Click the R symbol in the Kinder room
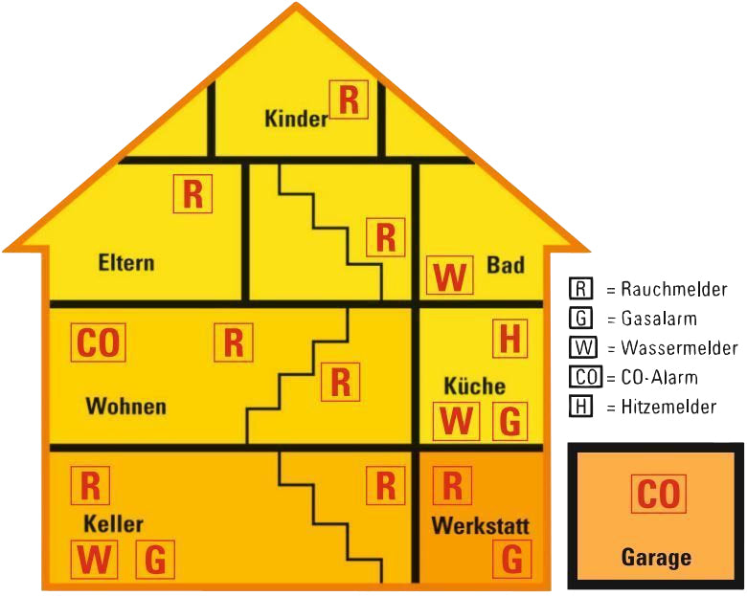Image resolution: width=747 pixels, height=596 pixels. [x=350, y=99]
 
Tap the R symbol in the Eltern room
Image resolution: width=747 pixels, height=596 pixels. [x=192, y=194]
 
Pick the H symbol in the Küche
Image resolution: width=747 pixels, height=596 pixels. [x=510, y=339]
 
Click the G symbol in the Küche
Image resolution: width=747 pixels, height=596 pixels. [x=510, y=421]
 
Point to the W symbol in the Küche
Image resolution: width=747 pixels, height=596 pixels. [x=457, y=421]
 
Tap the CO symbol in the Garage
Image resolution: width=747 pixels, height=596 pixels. [x=659, y=494]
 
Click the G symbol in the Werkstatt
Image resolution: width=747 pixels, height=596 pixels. [x=512, y=559]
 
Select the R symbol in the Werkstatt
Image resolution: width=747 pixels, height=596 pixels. [x=452, y=486]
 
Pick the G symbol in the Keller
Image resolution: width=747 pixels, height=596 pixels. [x=154, y=560]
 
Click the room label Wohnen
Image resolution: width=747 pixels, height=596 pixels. [x=126, y=407]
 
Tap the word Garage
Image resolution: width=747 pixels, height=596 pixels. [x=656, y=557]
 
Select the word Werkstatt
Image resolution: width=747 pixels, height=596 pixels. [x=480, y=526]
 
